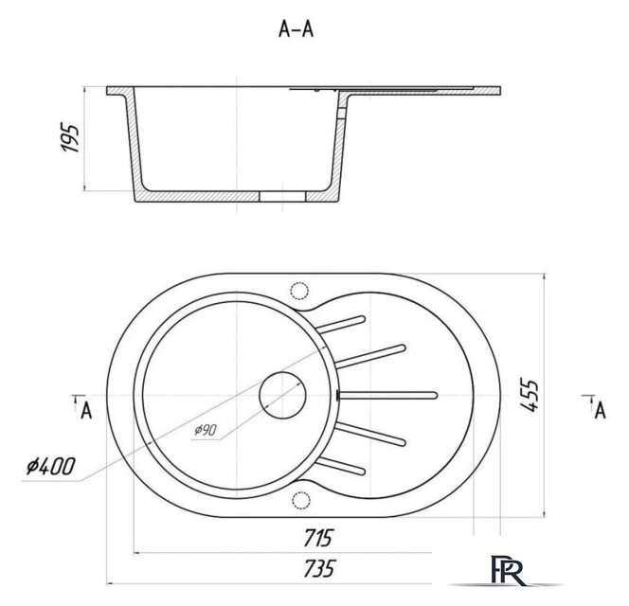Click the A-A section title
[x=296, y=28]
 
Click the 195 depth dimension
[x=70, y=138]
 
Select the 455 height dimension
[x=529, y=395]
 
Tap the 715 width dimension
[x=318, y=538]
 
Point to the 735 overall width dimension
[x=318, y=568]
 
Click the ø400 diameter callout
[x=50, y=467]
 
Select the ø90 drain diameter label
[x=206, y=430]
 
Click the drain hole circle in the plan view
[x=282, y=396]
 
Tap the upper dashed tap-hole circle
[x=298, y=291]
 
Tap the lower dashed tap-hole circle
[x=301, y=500]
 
